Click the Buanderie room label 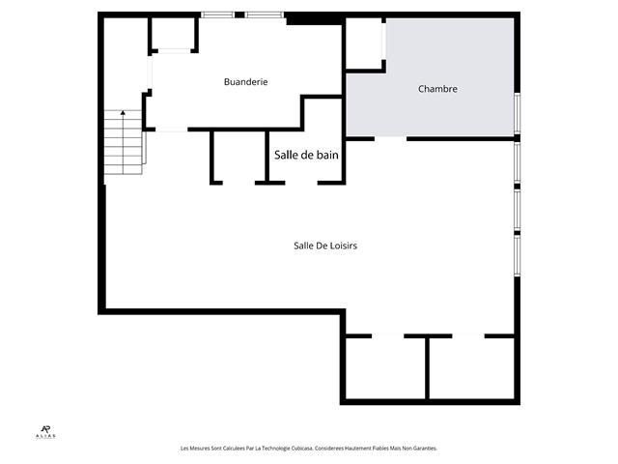245,82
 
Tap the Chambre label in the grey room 437,89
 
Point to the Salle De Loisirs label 325,246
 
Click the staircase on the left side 124,143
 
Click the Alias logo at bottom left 46,432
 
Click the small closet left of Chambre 364,43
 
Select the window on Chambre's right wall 518,113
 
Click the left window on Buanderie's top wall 217,14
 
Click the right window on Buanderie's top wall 264,14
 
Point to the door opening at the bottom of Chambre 390,138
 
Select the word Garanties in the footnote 422,449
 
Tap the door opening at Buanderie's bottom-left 171,130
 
